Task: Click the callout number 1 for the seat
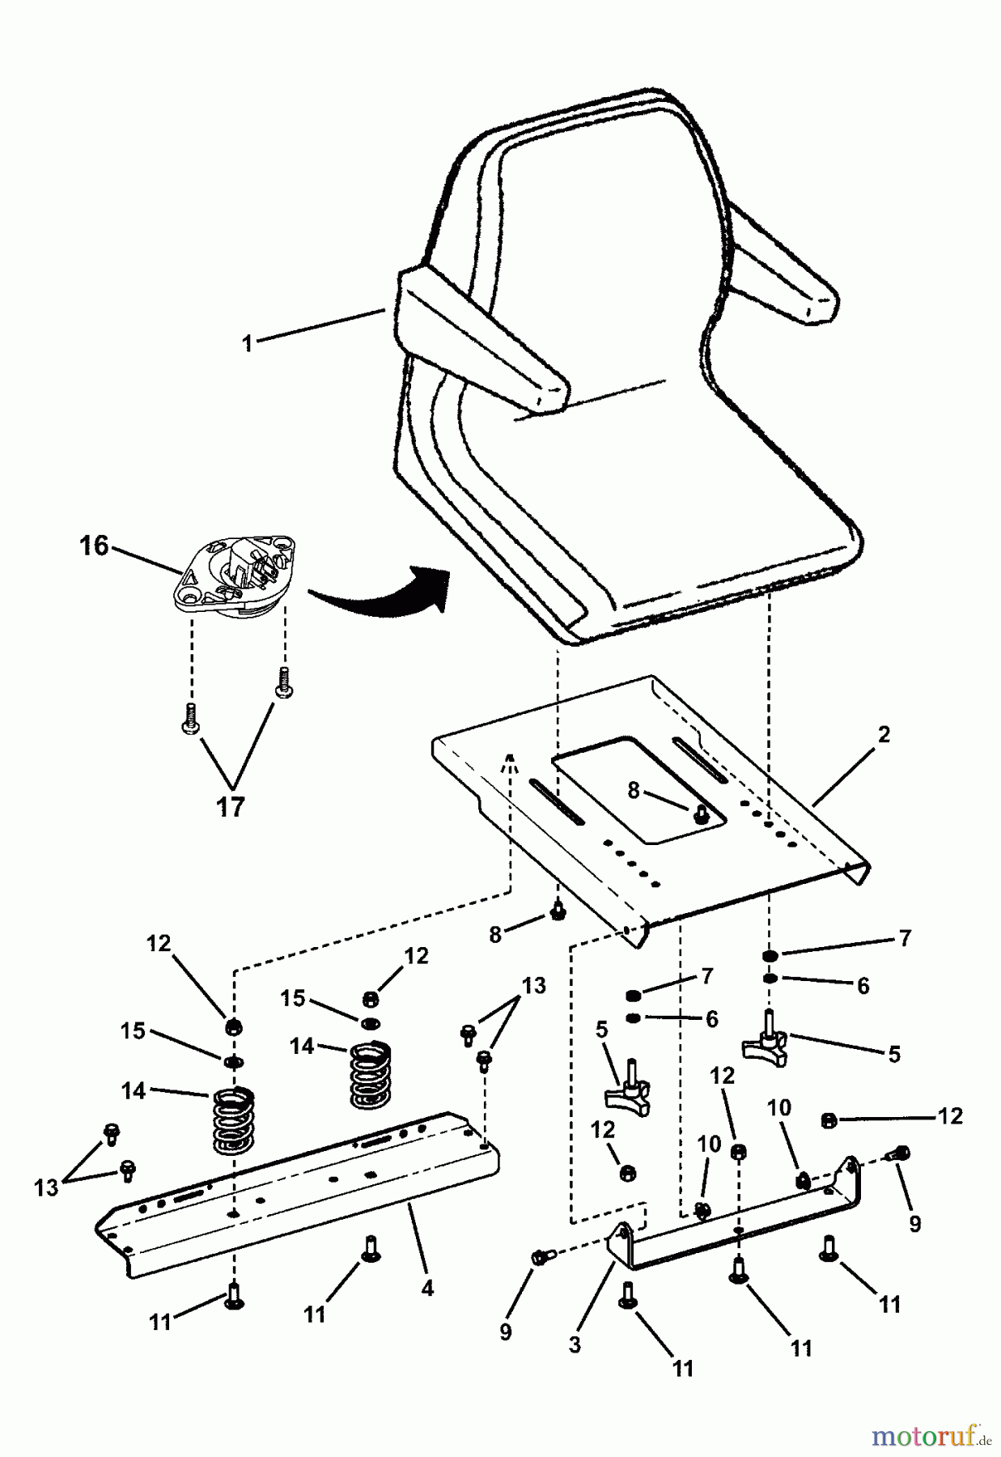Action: tap(247, 343)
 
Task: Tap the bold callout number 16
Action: tap(94, 546)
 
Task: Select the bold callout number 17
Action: tap(231, 806)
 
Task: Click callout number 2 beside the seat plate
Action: tap(884, 734)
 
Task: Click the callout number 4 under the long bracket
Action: tap(427, 1288)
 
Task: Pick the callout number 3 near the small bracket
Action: tap(575, 1345)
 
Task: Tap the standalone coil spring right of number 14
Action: tap(370, 1075)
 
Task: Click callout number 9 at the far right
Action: tap(914, 1225)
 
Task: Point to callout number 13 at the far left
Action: tap(46, 1187)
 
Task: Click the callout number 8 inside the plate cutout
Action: tap(634, 791)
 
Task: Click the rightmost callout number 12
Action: tap(951, 1116)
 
